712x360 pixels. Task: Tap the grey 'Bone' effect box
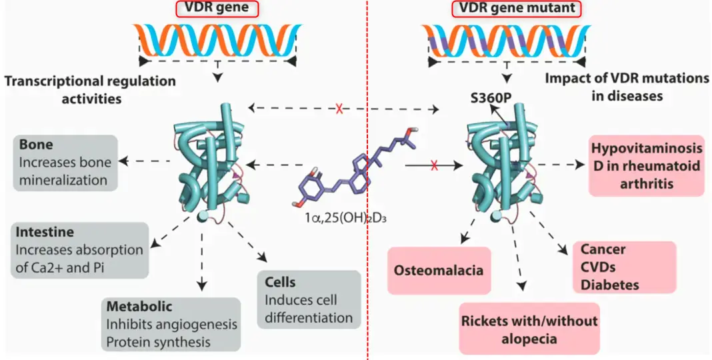(65, 161)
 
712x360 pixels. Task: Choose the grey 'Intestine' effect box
(79, 251)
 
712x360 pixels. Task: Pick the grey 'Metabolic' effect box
(172, 324)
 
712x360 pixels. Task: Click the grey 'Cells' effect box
(309, 299)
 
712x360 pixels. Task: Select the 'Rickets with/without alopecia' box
(529, 329)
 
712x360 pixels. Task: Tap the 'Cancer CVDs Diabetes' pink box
(624, 266)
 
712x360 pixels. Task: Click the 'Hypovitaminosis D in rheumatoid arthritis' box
(646, 165)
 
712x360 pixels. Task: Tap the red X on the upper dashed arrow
(339, 108)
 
